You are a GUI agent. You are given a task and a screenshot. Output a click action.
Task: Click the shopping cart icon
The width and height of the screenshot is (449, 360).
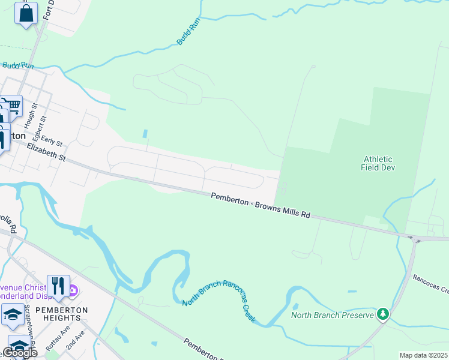tap(13, 106)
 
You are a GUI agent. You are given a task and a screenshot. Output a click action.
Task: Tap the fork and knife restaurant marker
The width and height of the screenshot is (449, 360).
tap(58, 286)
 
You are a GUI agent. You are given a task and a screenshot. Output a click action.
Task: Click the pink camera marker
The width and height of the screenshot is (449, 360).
tap(73, 292)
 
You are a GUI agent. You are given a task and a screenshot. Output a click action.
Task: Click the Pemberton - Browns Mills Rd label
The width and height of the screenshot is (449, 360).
tap(261, 205)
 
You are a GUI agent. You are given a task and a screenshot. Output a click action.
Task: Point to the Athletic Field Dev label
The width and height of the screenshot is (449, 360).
tap(377, 163)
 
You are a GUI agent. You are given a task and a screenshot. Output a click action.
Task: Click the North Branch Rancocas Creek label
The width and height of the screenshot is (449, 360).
tap(220, 301)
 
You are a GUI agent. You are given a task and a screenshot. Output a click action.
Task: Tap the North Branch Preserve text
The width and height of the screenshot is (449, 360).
tap(332, 314)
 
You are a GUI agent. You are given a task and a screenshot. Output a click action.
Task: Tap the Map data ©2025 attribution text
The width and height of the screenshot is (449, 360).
tap(423, 355)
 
